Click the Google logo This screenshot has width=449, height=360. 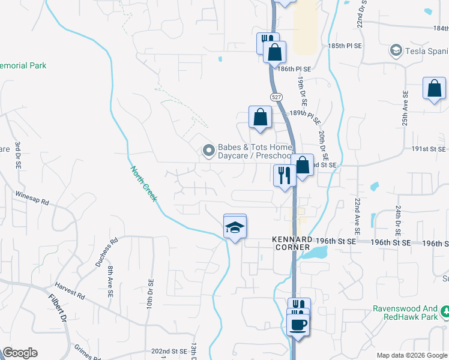[20, 353]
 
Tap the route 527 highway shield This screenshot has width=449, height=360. [276, 97]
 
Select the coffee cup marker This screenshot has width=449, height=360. [298, 326]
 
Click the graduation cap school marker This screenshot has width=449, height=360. [235, 227]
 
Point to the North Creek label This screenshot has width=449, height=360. [143, 184]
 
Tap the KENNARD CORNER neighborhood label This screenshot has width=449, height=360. [291, 243]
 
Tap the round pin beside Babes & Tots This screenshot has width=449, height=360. [208, 151]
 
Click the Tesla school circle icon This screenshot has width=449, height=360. [396, 50]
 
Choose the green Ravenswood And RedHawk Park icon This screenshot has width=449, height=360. [445, 311]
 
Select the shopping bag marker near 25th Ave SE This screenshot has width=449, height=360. [434, 89]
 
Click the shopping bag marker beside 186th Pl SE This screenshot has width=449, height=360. [274, 52]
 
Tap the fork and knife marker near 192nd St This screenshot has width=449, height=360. [283, 176]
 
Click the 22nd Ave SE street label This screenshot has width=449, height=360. [357, 216]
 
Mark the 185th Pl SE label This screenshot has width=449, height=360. [345, 46]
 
